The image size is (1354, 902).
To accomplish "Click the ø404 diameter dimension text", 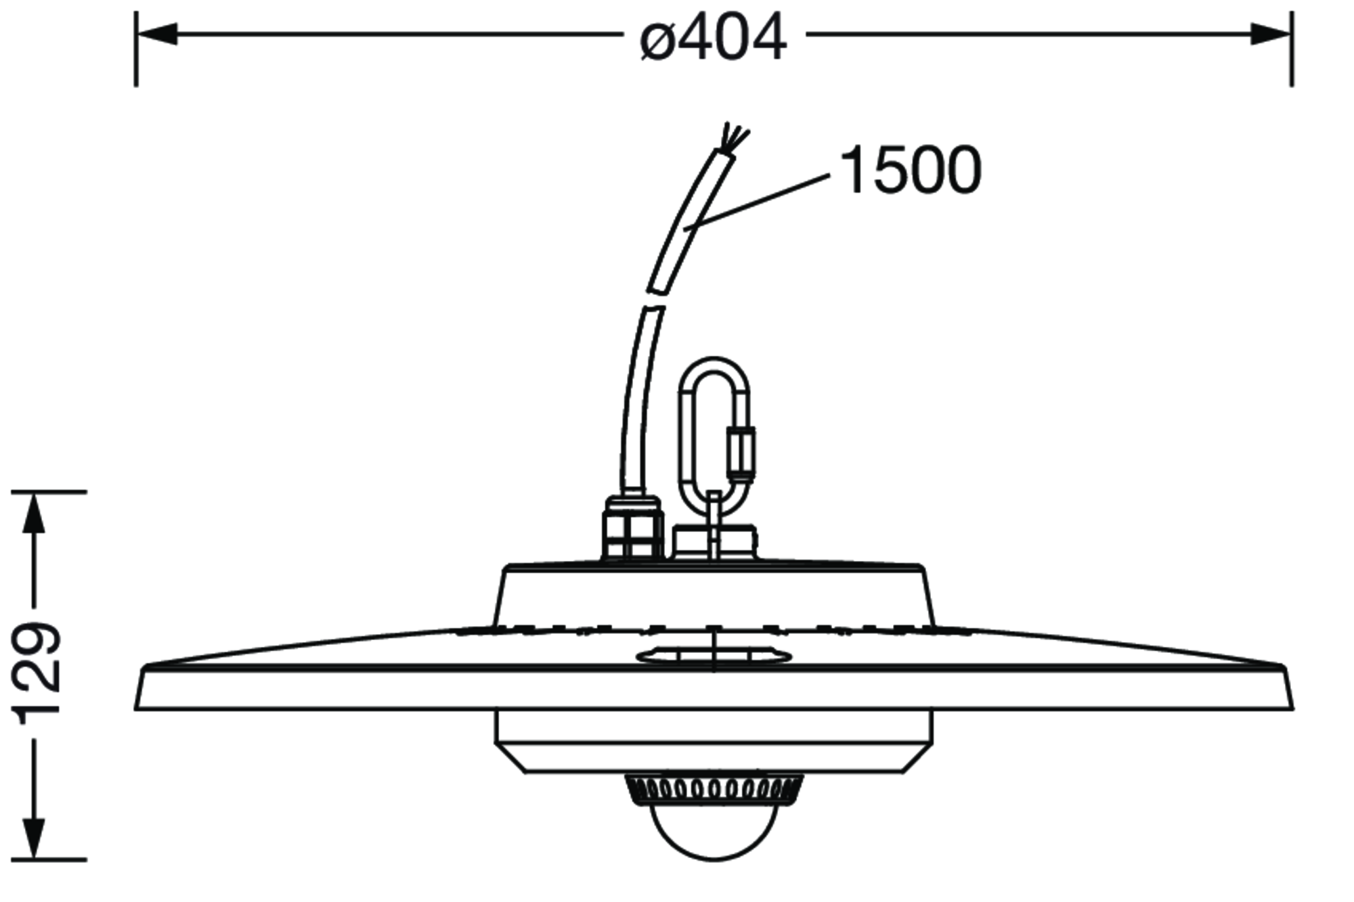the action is pyautogui.click(x=713, y=37).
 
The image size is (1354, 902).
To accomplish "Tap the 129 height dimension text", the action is pyautogui.click(x=39, y=675).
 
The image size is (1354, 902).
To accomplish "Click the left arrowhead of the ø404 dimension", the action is pyautogui.click(x=157, y=34).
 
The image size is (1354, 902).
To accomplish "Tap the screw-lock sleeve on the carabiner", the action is pyautogui.click(x=741, y=451).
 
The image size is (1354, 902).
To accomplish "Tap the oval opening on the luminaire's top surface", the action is pyautogui.click(x=714, y=655).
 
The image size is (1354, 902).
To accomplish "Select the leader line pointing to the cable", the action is pyautogui.click(x=757, y=202).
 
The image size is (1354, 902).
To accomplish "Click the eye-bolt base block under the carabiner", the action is pyautogui.click(x=714, y=543).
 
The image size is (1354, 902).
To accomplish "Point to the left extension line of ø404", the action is pyautogui.click(x=136, y=49).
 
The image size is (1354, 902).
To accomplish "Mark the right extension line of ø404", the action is pyautogui.click(x=1292, y=49).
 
